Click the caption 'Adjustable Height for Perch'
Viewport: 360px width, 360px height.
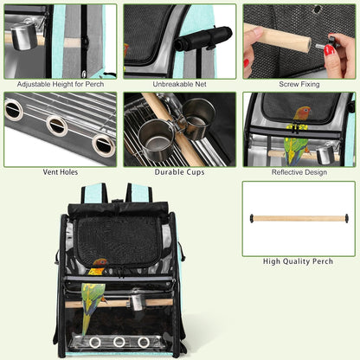click(x=61, y=84)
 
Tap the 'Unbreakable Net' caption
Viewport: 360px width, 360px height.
click(x=179, y=84)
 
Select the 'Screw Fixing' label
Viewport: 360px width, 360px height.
click(x=299, y=84)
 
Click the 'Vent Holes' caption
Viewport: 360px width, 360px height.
click(x=61, y=172)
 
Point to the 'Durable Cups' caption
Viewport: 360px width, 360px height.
click(x=179, y=172)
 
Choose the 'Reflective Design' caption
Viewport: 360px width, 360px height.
click(x=299, y=172)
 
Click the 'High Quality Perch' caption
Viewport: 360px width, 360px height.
click(x=298, y=261)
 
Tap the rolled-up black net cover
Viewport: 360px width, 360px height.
click(x=203, y=38)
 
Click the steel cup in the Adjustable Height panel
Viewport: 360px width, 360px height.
click(x=24, y=36)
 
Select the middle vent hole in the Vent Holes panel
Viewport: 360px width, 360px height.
click(x=57, y=125)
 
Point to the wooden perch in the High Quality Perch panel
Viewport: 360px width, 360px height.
click(x=299, y=218)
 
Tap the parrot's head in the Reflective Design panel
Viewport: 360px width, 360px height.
click(x=303, y=112)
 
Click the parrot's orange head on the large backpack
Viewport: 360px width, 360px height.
click(x=100, y=263)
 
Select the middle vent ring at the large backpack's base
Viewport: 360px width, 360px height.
click(x=119, y=342)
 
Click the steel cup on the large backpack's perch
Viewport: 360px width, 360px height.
click(x=136, y=303)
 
